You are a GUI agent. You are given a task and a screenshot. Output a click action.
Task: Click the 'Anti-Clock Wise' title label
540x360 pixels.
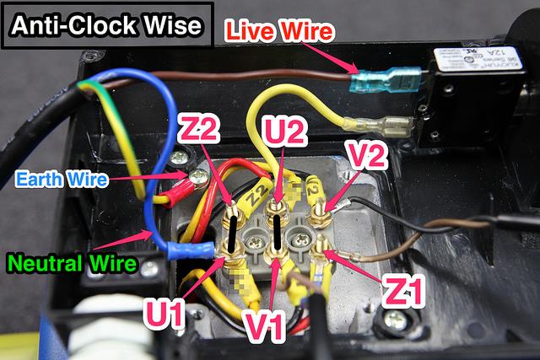[x=106, y=25]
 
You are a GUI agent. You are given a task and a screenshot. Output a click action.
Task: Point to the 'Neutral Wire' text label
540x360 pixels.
[x=69, y=264]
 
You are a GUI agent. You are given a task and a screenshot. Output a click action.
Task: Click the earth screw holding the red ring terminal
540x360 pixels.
[x=198, y=176]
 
